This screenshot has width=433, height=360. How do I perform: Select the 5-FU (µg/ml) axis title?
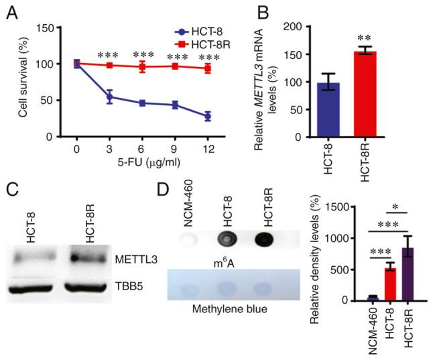[x=141, y=162]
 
